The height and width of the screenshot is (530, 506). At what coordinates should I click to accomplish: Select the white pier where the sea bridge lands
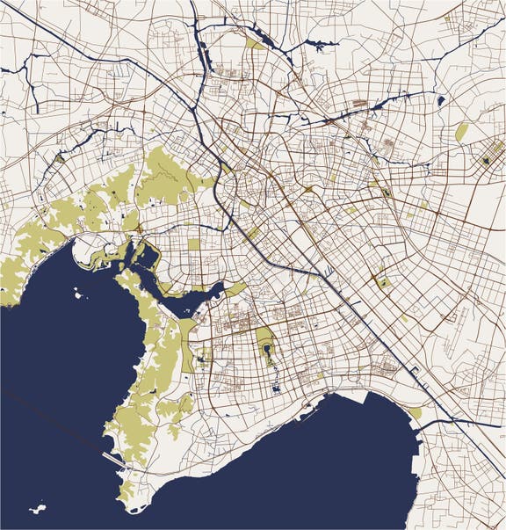(x=112, y=457)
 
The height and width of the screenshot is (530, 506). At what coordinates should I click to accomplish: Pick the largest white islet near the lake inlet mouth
(x=80, y=294)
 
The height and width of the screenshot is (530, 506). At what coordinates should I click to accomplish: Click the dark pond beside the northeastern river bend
(x=440, y=100)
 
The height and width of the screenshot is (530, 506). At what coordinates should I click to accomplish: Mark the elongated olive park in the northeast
(x=462, y=131)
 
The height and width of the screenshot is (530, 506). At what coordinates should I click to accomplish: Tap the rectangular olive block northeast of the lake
(x=194, y=243)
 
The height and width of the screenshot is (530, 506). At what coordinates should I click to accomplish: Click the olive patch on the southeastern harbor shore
(x=415, y=413)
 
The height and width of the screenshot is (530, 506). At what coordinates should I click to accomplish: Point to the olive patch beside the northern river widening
(x=255, y=43)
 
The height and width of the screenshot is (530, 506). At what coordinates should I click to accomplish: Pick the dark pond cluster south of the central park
(x=276, y=386)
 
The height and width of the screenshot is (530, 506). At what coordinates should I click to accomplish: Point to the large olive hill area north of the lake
(x=163, y=176)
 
